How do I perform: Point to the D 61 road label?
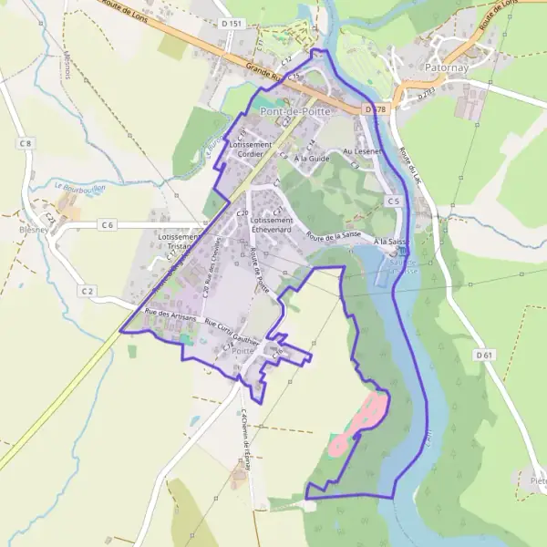[x=483, y=354]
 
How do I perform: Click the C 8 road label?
[x=25, y=143]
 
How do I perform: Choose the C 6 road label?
[x=108, y=224]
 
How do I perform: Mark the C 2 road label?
[x=87, y=291]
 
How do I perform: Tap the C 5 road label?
[x=393, y=201]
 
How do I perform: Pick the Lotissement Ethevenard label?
[x=272, y=225]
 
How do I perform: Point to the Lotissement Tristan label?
[x=179, y=242]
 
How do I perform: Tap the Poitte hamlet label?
[x=243, y=350]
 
